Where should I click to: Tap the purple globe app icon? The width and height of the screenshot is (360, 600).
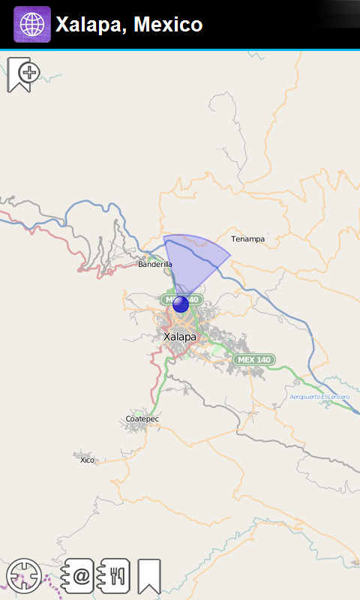click(32, 24)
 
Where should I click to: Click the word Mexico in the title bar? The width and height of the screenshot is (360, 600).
click(169, 25)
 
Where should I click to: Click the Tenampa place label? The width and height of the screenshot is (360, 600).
click(247, 239)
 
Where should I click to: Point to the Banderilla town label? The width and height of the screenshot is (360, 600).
click(155, 264)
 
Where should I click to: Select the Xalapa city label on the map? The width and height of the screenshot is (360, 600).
click(180, 337)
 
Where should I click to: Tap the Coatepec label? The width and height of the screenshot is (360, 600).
click(142, 418)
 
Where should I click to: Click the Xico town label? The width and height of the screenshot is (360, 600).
click(88, 460)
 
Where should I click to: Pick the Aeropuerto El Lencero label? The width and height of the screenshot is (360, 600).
click(320, 396)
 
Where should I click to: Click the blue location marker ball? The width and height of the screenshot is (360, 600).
click(181, 304)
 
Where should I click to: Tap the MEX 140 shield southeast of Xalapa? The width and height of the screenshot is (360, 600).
click(253, 360)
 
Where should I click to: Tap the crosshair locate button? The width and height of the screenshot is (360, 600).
click(23, 575)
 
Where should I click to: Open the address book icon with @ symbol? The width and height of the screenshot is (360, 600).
click(78, 576)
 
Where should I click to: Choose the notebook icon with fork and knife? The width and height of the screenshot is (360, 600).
click(115, 576)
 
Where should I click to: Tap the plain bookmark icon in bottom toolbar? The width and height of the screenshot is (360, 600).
click(149, 576)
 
